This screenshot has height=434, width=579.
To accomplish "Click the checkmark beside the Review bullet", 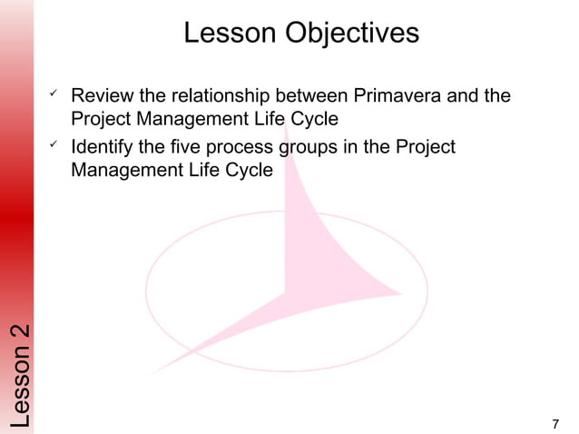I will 54,94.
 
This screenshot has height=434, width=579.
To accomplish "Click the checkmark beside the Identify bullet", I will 54,145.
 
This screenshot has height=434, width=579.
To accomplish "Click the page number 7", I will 555,423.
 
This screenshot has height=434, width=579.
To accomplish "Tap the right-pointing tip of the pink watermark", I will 401,292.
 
